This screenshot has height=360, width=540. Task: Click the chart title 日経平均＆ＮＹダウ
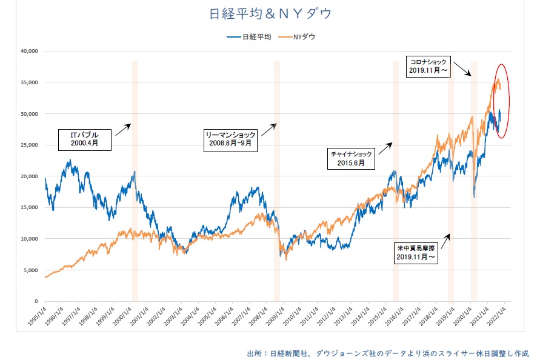(270, 13)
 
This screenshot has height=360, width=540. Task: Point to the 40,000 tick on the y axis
(28, 51)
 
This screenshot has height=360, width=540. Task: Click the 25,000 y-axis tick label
(28, 145)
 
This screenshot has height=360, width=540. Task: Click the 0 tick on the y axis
(36, 301)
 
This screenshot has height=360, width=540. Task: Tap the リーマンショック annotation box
(231, 139)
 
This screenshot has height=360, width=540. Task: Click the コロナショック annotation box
(429, 66)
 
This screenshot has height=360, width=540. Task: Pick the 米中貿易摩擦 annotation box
(415, 253)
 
